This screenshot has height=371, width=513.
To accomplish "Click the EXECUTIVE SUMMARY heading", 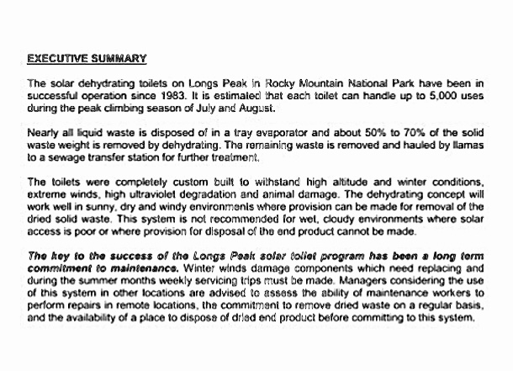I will tap(87, 59).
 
